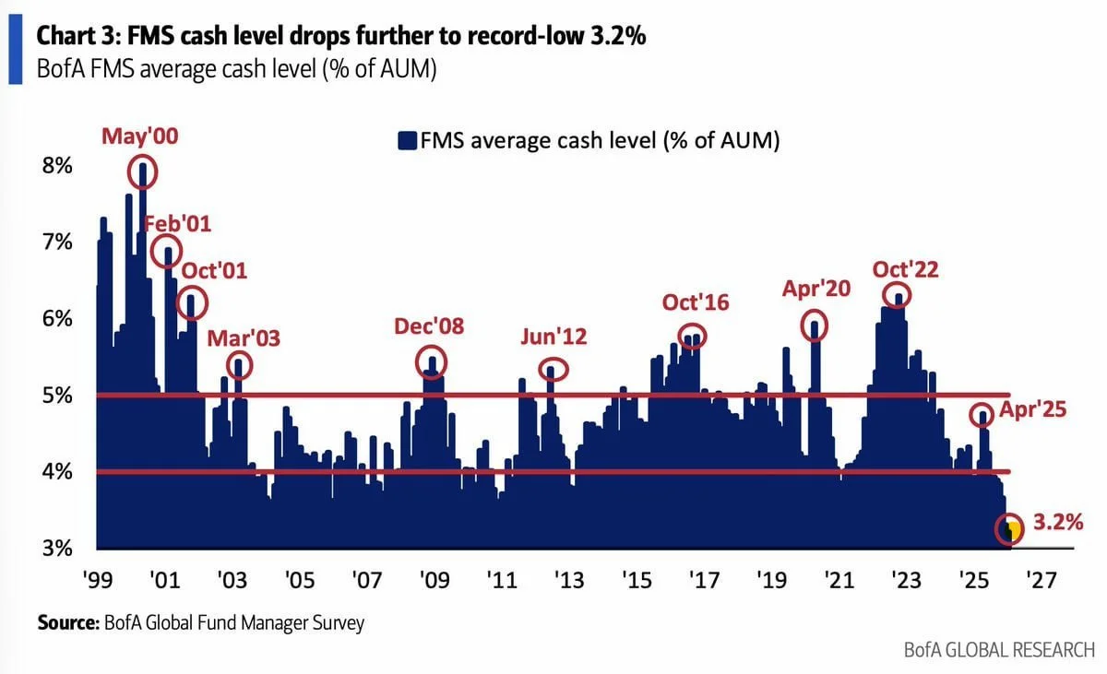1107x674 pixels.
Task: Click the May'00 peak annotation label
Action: (x=140, y=137)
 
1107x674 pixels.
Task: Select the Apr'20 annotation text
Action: (x=815, y=289)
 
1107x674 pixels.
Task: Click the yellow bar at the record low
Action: (x=1015, y=532)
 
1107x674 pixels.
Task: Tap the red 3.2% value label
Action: (x=1057, y=523)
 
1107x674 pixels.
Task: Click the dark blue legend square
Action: (x=407, y=141)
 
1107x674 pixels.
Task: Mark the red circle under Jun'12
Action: (x=553, y=370)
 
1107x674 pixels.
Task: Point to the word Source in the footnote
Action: (x=65, y=623)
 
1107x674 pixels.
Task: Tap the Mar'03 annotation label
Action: (x=243, y=337)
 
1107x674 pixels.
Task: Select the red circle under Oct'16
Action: (x=692, y=337)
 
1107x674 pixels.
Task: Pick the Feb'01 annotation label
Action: (x=178, y=224)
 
